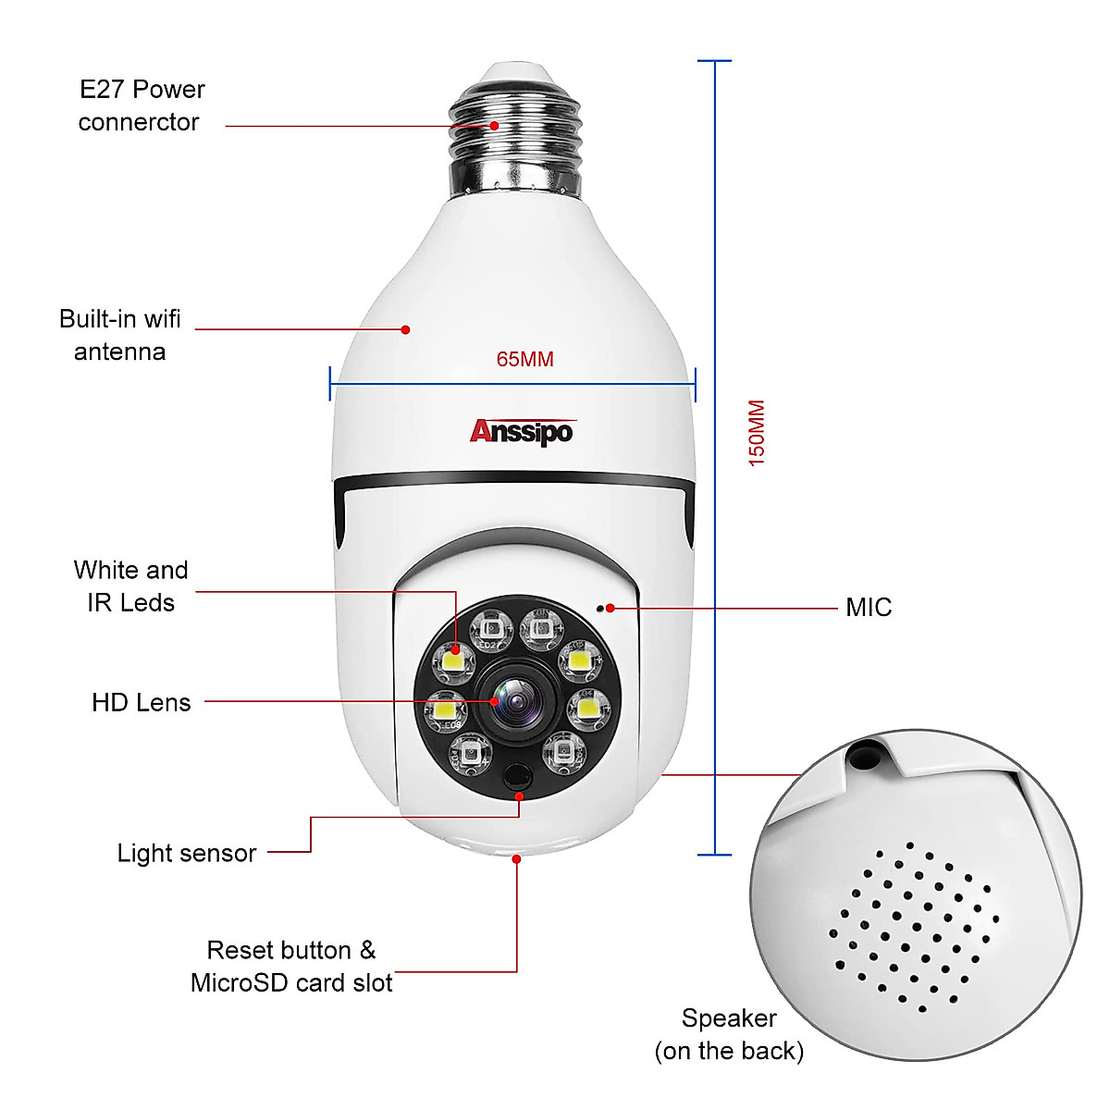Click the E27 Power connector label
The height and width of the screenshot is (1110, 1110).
click(x=141, y=105)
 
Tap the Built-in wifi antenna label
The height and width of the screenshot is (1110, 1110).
click(x=120, y=335)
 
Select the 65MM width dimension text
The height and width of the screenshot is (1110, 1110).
click(x=524, y=360)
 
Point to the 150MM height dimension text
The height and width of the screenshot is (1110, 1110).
click(x=757, y=433)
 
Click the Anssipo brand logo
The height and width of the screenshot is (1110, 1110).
click(x=522, y=431)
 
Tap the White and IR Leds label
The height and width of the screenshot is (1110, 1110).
click(x=130, y=586)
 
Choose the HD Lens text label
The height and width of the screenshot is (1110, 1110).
click(x=141, y=703)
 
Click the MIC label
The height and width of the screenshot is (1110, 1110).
click(x=869, y=608)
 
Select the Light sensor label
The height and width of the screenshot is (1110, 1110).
click(x=186, y=853)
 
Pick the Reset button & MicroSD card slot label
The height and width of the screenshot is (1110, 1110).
click(x=291, y=967)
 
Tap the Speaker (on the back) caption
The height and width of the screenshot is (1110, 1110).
click(x=729, y=1034)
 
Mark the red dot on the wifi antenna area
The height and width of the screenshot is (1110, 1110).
click(x=405, y=329)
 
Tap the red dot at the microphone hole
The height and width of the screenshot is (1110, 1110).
click(x=610, y=608)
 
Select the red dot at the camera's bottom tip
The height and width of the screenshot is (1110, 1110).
click(x=516, y=859)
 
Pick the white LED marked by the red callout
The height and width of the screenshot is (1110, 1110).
click(x=455, y=660)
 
